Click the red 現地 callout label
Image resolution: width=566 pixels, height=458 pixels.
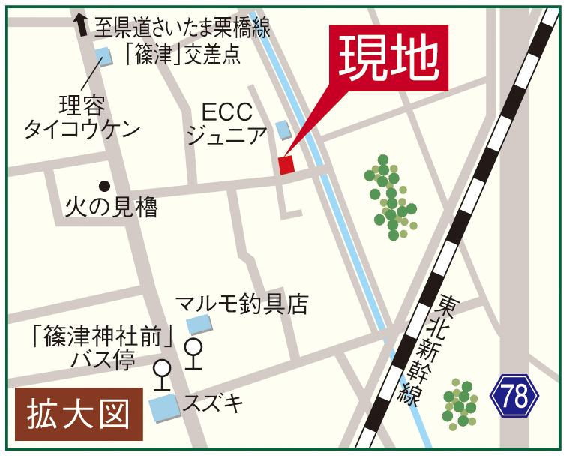[388, 58]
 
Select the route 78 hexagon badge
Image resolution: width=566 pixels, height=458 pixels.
[515, 396]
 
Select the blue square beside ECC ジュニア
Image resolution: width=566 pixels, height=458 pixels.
[283, 130]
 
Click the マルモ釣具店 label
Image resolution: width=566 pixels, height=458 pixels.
[241, 304]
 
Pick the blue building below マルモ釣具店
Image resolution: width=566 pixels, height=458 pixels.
[199, 325]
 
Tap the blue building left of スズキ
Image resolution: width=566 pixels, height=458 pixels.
[163, 408]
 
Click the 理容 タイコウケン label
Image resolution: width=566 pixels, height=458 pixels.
[82, 116]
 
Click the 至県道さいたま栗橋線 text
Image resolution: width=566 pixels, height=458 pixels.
[182, 28]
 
